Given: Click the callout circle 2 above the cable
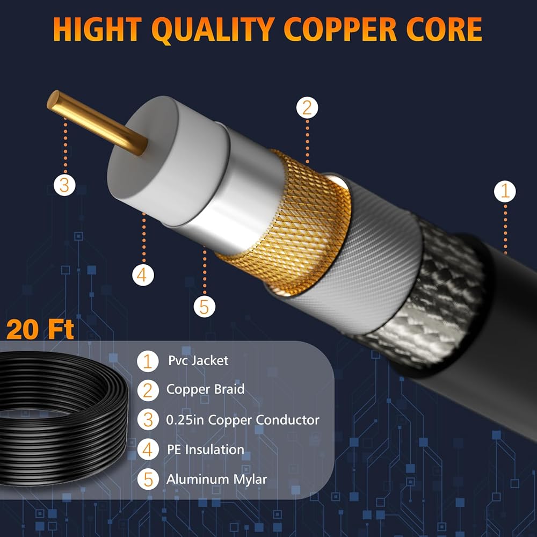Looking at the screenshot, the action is point(307,108).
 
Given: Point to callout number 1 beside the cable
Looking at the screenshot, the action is point(505,191).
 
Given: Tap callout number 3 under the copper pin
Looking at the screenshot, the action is point(64,185).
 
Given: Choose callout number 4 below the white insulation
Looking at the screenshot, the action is point(142,275).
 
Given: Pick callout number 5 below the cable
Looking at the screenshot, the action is point(204,307).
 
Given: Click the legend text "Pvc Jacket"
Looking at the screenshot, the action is point(197,360).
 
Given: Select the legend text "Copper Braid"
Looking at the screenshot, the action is point(205,389).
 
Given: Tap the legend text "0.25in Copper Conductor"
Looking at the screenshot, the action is point(243,420).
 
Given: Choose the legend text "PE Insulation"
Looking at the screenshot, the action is point(205,449).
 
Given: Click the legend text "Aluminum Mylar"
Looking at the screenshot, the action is point(216,479).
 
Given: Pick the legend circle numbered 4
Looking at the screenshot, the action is point(148,450).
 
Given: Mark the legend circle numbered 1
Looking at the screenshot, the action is point(148,361).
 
